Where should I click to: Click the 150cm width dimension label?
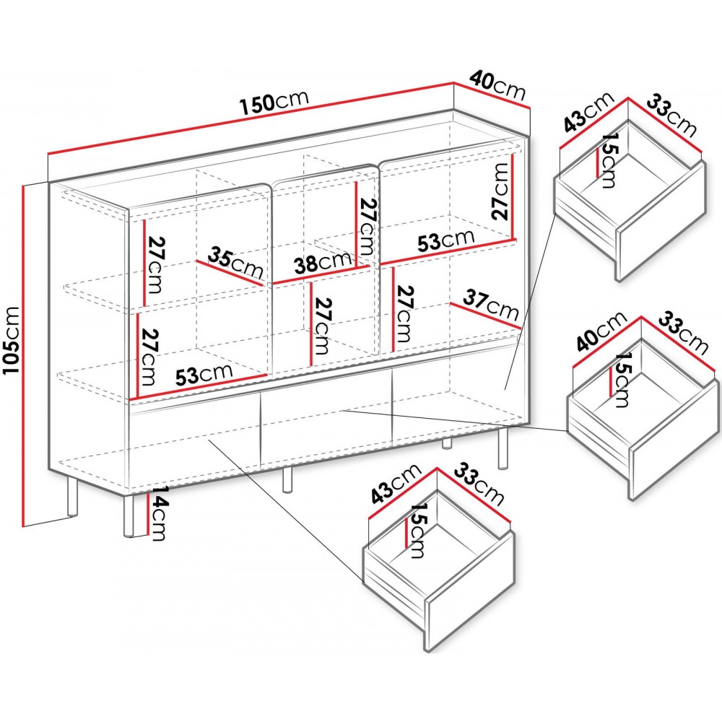274,103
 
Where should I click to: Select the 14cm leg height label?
158,513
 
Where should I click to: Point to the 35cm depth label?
235,263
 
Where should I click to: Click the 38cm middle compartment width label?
323,263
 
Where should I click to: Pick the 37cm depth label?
491,304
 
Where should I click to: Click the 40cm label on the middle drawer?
602,331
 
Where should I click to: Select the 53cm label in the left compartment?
204,374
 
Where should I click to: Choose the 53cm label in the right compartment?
445,239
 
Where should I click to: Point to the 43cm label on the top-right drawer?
589,112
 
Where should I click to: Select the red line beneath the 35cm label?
230,273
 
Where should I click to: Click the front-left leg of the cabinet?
129,516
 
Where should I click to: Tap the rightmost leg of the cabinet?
503,448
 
